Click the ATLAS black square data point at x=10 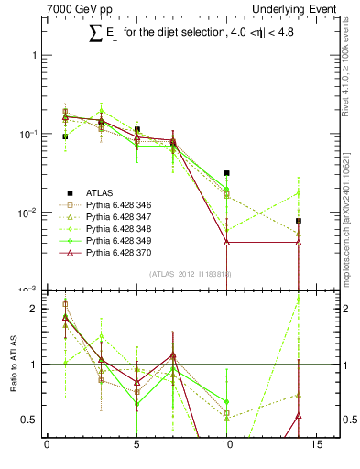point(226,172)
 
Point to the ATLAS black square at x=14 point(299,221)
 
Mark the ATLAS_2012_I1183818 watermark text point(190,274)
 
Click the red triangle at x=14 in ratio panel point(299,416)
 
